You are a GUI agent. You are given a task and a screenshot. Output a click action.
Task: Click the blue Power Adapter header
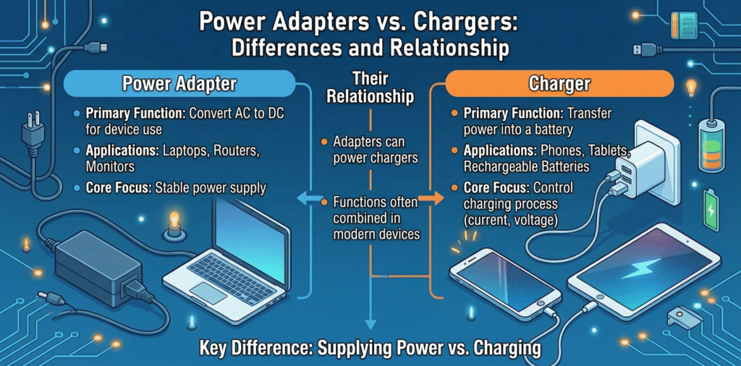click(179, 84)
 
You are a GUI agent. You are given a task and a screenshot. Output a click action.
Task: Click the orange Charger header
click(559, 84)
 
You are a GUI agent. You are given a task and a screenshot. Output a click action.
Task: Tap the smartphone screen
click(505, 278)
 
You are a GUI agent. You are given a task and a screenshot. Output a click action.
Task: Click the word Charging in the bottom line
click(499, 348)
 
